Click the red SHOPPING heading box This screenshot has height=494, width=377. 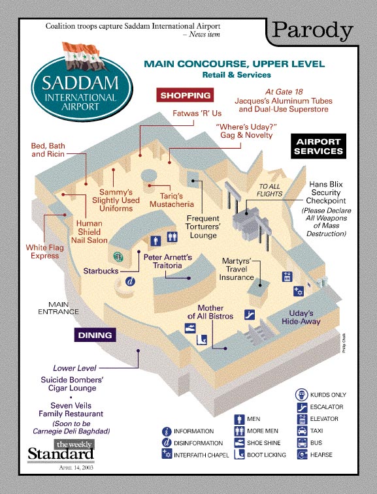pos(186,95)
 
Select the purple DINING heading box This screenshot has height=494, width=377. pos(95,335)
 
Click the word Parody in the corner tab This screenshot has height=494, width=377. pos(312,30)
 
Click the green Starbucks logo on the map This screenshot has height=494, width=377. pos(118,257)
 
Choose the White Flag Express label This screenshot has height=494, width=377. pos(42,251)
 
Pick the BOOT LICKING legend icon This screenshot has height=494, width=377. pos(238,454)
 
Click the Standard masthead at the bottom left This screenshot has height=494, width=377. pos(60,452)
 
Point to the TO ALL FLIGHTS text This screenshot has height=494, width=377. pos(269,190)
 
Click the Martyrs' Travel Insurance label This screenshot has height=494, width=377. pos(237,269)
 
